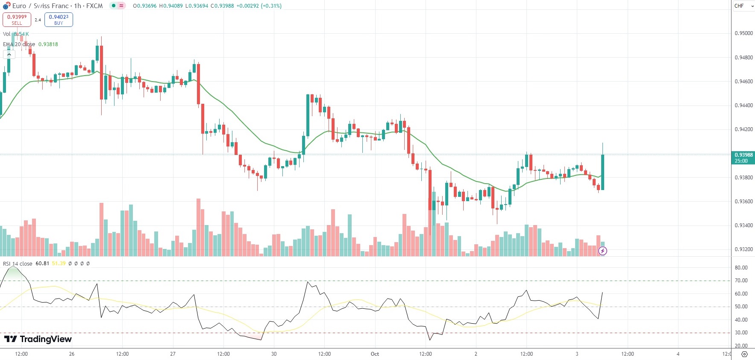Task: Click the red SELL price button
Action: pos(17,20)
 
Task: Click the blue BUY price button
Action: pos(59,20)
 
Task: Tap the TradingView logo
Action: pos(38,339)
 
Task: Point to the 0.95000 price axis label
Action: pos(743,33)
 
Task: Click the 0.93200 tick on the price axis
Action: pos(743,249)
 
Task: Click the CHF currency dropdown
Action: pos(743,6)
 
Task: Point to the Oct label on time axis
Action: pos(375,354)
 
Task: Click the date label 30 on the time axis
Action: pos(274,354)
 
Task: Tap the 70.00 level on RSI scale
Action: pos(741,281)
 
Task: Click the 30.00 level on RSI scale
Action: pos(741,333)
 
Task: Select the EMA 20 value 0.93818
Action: pos(48,44)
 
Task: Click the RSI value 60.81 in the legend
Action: pos(42,263)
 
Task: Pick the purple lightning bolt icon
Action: pos(602,251)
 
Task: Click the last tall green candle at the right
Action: pos(602,172)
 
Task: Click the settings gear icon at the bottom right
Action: pos(744,354)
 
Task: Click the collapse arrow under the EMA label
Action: pos(9,54)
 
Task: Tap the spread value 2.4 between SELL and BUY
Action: pos(38,20)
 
